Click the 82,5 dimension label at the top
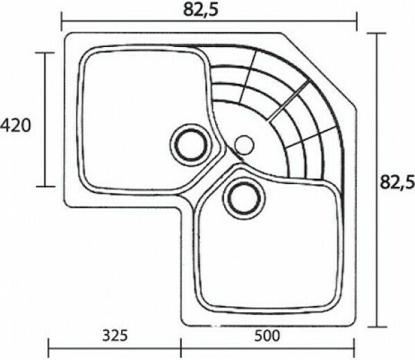201,10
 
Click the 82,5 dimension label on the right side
397,182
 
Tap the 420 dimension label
15,125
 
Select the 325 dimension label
115,335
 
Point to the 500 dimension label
267,335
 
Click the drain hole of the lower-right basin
244,198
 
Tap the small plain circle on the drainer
244,145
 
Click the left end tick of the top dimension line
61,22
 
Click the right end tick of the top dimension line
357,22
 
